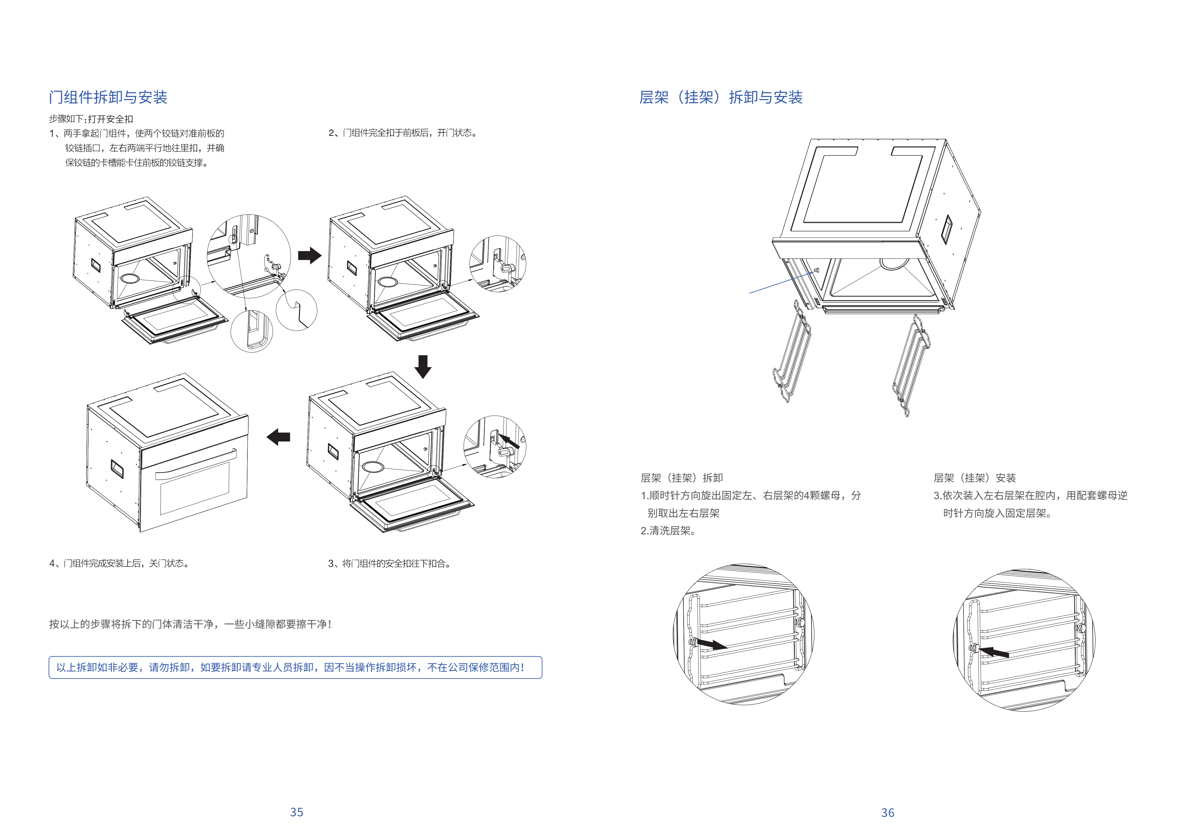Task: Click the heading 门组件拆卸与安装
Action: tap(108, 97)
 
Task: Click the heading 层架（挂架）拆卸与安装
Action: tap(720, 97)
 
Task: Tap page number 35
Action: tap(296, 812)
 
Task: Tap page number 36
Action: tap(888, 812)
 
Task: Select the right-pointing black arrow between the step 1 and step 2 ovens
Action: tap(309, 255)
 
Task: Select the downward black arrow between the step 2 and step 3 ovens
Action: tap(423, 366)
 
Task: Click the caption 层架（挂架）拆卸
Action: tap(682, 478)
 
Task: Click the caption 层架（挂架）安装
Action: tap(975, 478)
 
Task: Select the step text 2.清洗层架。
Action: tap(668, 530)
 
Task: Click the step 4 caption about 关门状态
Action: tap(119, 563)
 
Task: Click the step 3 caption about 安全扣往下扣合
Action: tap(390, 563)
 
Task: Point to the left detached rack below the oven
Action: tap(792, 355)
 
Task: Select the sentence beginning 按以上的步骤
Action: tap(190, 624)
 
